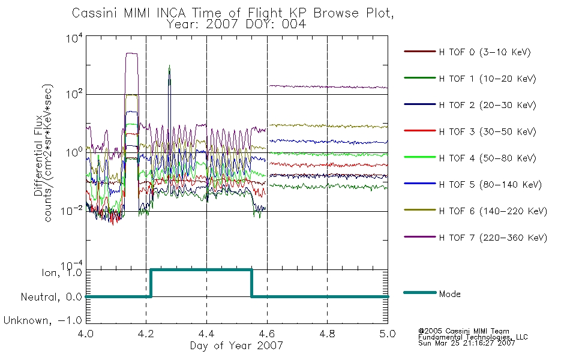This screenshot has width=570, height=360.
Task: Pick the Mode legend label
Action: point(449,294)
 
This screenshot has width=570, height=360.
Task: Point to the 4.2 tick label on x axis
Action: point(146,334)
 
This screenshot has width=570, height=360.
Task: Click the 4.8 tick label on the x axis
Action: point(327,334)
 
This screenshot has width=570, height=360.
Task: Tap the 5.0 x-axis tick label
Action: point(388,334)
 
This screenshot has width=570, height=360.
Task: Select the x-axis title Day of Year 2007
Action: point(236,346)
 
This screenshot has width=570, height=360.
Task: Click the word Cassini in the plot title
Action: point(94,13)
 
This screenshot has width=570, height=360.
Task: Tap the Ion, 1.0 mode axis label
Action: point(61,272)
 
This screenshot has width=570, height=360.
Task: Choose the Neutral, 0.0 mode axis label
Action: point(51,297)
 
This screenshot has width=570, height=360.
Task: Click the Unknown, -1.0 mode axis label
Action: point(43,320)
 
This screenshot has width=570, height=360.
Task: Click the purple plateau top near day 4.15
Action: point(131,53)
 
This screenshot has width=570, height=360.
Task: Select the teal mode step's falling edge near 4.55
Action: point(251,283)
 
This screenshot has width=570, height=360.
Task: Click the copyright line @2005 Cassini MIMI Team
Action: point(463,331)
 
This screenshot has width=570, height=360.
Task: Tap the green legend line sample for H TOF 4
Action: point(420,157)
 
